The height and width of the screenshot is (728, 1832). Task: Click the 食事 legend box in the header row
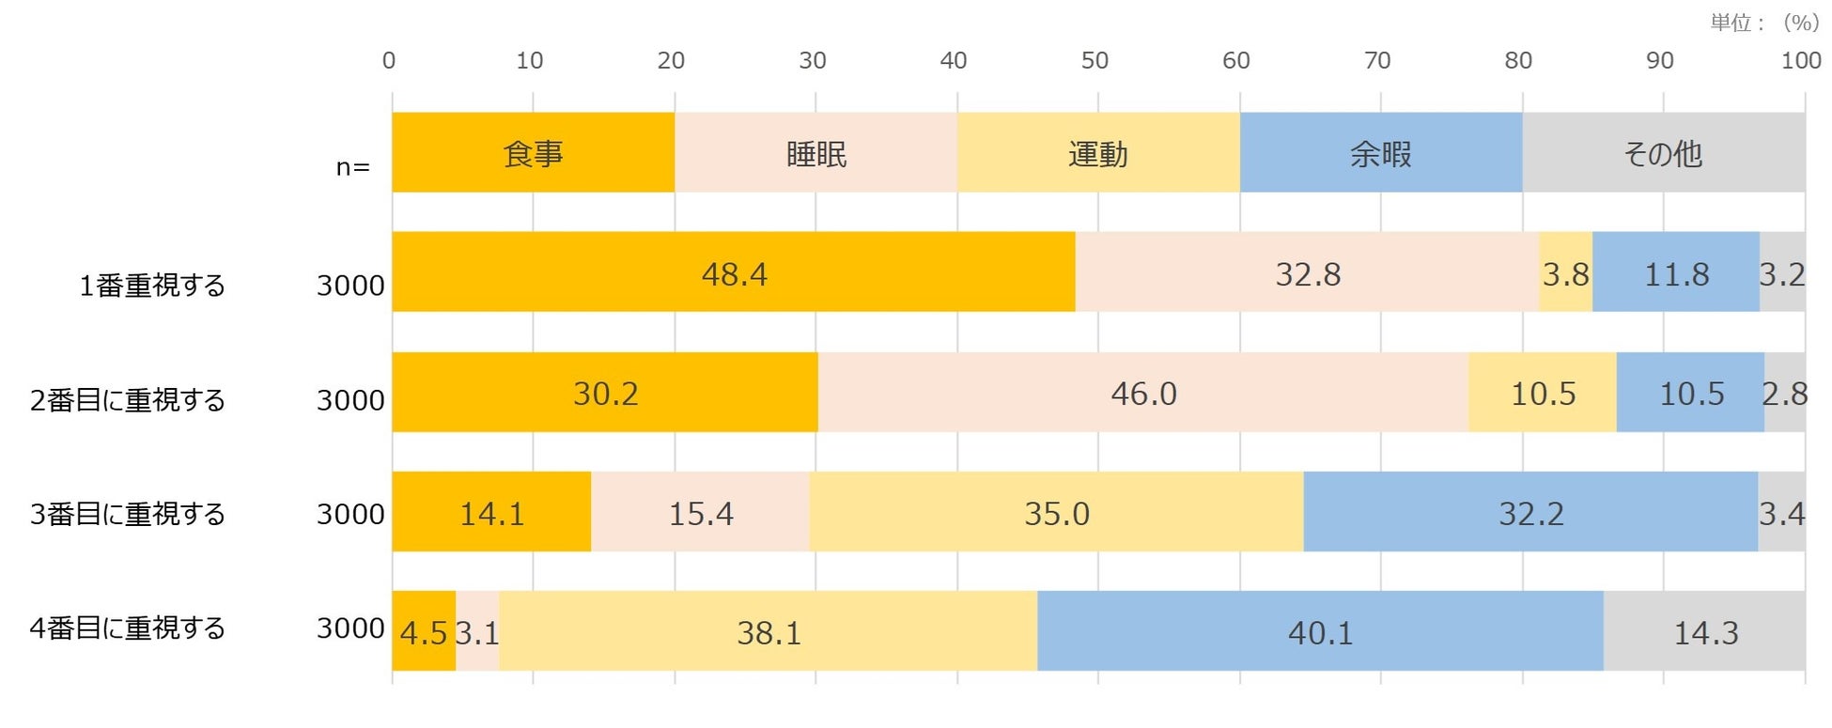[533, 153]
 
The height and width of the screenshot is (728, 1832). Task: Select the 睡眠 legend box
[815, 153]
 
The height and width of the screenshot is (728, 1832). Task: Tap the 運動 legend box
[1097, 153]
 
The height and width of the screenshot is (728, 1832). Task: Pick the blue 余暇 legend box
[1380, 153]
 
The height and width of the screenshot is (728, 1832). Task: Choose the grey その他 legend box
[1663, 153]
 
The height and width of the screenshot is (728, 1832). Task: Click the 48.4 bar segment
[733, 272]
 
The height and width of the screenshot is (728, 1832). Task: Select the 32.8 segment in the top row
[1307, 272]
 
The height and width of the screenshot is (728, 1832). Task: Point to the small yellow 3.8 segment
[1565, 272]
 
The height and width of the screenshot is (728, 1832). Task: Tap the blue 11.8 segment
[1675, 272]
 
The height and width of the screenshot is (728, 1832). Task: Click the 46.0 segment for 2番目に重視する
[1142, 393]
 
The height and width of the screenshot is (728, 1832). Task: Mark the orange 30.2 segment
[605, 393]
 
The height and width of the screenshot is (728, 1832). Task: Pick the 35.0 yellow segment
[1056, 512]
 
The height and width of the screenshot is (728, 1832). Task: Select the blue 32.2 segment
[1530, 512]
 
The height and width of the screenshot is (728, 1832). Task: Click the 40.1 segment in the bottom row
[1320, 631]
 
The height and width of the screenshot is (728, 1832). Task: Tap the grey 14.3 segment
[1704, 631]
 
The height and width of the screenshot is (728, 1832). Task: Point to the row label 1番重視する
[152, 285]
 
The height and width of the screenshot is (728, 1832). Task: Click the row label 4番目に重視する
[128, 627]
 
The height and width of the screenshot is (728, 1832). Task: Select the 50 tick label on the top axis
[1095, 60]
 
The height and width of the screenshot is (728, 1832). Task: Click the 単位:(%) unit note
[1763, 23]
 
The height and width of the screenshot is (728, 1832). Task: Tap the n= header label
[353, 167]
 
